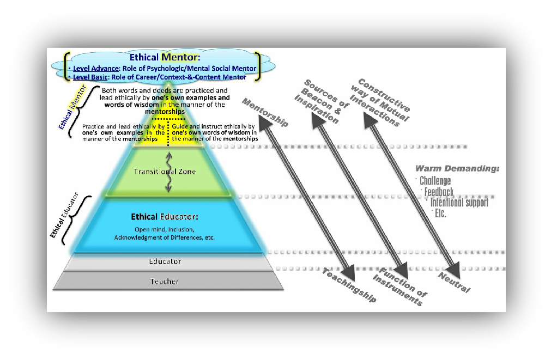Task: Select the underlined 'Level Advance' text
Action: (96, 69)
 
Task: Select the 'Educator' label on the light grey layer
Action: (165, 261)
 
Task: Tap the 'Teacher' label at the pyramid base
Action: (164, 282)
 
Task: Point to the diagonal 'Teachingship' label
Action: (349, 285)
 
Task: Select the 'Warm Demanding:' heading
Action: (457, 169)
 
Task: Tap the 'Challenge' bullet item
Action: (435, 181)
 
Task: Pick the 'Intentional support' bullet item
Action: (459, 203)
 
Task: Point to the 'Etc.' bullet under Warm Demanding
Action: (439, 213)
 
